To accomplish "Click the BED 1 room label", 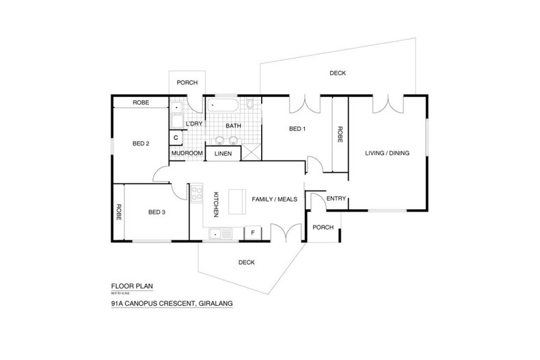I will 297,129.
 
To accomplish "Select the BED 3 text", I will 157,212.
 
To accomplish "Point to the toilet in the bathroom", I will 251,105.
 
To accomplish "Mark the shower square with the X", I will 250,152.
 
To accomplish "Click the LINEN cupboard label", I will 223,154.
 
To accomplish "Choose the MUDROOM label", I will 187,154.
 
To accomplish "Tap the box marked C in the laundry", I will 176,138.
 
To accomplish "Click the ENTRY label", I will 336,199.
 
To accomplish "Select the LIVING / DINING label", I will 387,153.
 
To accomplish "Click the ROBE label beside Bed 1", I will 340,135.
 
